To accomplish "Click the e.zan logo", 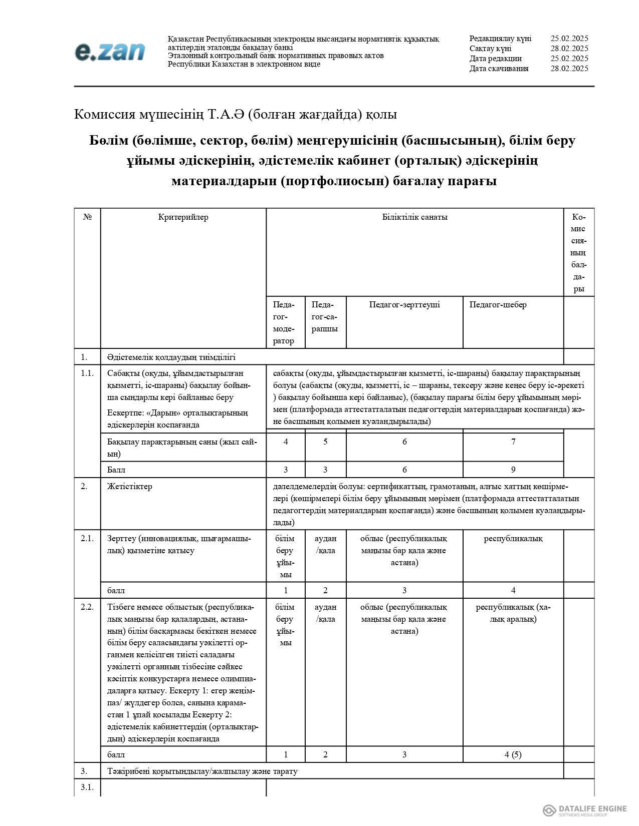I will click(x=110, y=52).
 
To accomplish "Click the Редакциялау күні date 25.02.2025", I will click(x=569, y=39).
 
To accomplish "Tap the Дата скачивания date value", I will click(x=569, y=69).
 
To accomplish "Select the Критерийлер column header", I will click(x=183, y=217).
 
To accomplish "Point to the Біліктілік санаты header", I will click(x=414, y=217).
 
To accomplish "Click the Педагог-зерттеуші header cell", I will click(x=404, y=305).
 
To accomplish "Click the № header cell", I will click(x=87, y=217).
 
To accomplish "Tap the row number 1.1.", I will click(x=87, y=373).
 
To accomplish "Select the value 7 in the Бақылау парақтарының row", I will click(x=513, y=442).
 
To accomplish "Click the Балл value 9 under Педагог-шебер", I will click(x=513, y=470).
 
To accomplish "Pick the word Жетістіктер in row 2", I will click(x=129, y=487).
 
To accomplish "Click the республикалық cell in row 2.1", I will click(x=513, y=539).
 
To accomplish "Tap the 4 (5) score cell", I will click(x=513, y=754).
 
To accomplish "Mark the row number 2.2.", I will click(x=87, y=607).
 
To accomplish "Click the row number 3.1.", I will click(x=87, y=787).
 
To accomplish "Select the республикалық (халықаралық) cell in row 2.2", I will click(x=513, y=613).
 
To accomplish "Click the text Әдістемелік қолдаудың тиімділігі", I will click(x=171, y=357).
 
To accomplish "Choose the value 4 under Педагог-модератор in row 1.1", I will click(x=285, y=442).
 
